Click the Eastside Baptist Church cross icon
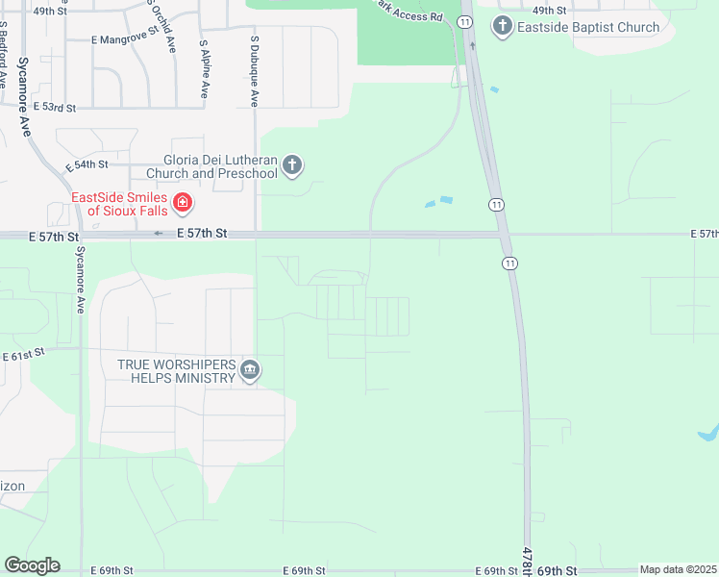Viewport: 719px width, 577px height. [502, 26]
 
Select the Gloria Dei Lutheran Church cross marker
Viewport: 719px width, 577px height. [293, 166]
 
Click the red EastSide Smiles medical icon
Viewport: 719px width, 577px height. [182, 204]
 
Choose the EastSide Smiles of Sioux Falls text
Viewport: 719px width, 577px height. [119, 204]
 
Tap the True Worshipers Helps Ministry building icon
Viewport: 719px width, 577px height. [250, 370]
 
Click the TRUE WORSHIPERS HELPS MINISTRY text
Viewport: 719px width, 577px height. [177, 371]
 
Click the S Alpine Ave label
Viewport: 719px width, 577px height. [205, 68]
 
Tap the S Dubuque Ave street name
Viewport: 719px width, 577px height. [256, 72]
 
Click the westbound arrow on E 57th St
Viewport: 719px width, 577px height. [159, 234]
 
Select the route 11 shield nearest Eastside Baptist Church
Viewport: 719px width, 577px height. [465, 20]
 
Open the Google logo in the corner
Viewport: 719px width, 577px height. [32, 565]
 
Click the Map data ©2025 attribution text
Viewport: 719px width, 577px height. [678, 570]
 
